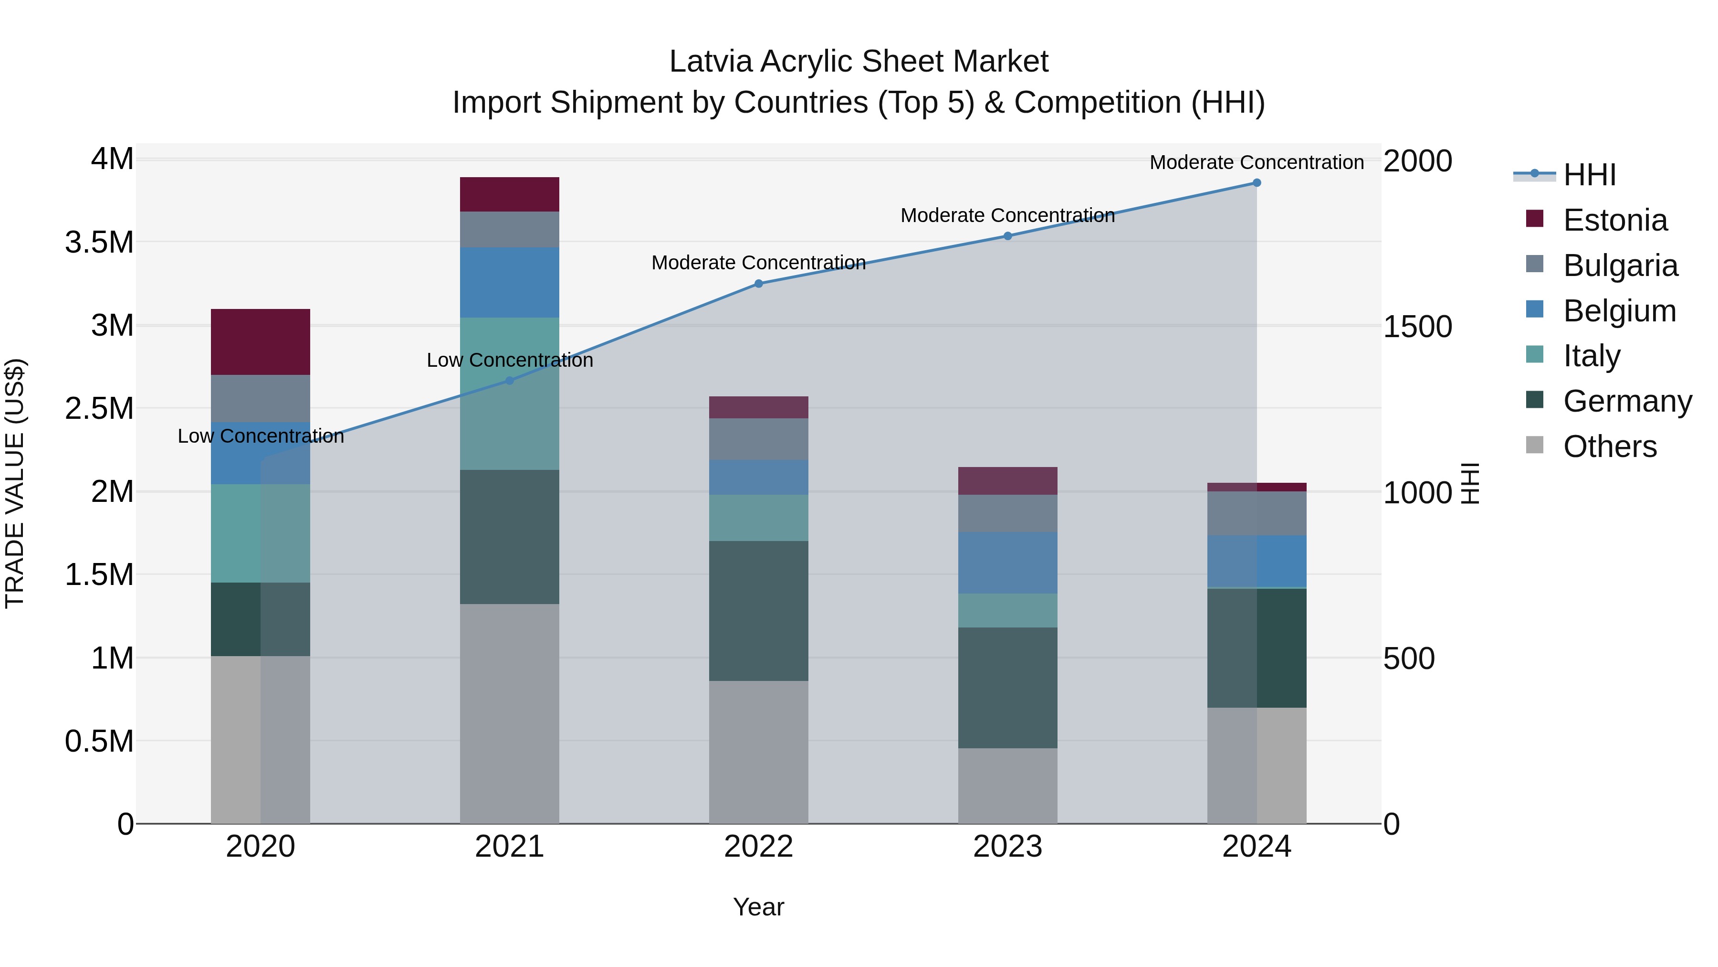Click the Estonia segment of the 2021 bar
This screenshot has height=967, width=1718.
510,194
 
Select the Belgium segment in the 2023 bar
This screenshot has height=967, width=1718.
1008,563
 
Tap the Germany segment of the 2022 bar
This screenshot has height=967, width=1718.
758,611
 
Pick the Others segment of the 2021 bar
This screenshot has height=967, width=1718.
510,713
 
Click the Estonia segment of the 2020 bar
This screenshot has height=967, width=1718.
260,342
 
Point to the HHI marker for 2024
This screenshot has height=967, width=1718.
1257,183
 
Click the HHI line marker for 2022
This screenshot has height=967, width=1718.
758,284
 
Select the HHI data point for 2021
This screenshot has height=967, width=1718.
510,381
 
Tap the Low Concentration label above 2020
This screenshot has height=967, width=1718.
260,436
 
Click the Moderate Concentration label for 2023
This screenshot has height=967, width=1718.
1008,215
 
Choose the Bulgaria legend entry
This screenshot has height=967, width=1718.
1620,266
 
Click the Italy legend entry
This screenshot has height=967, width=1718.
1591,356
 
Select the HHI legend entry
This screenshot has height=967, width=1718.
1589,175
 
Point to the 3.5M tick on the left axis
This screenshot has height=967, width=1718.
99,242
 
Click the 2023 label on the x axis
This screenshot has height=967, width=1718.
1008,847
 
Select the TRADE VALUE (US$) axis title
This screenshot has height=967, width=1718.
15,484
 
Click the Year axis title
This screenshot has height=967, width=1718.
758,907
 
